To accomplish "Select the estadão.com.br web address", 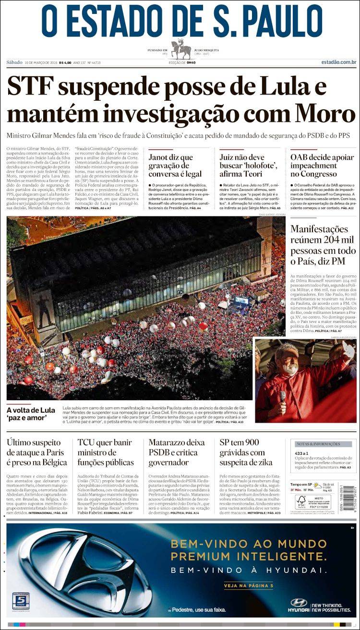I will (x=339, y=62).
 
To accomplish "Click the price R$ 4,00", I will (x=65, y=62).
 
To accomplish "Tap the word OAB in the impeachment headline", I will (x=301, y=157).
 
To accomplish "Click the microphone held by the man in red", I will (x=283, y=396).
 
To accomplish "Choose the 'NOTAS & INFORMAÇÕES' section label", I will (x=318, y=444).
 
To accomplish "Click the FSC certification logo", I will (x=301, y=501).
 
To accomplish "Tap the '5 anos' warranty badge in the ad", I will (x=21, y=602).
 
